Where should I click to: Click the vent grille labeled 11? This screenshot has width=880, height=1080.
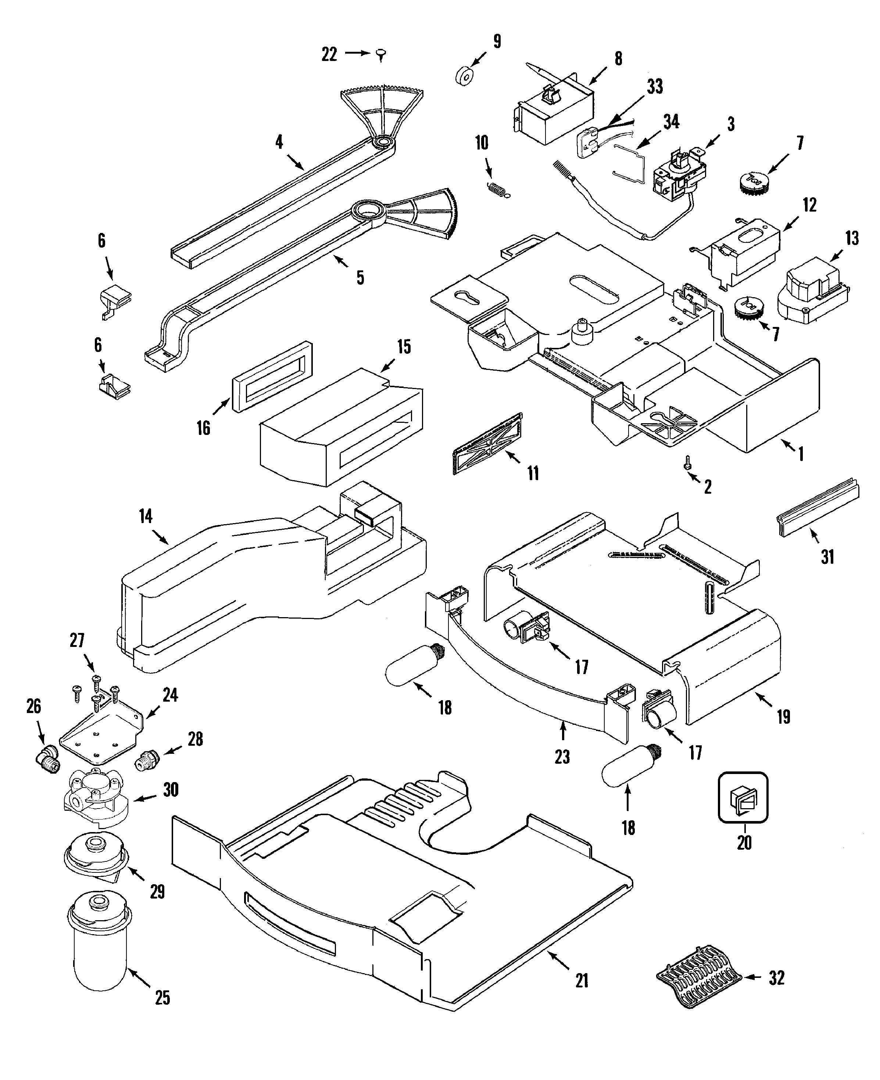487,444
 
